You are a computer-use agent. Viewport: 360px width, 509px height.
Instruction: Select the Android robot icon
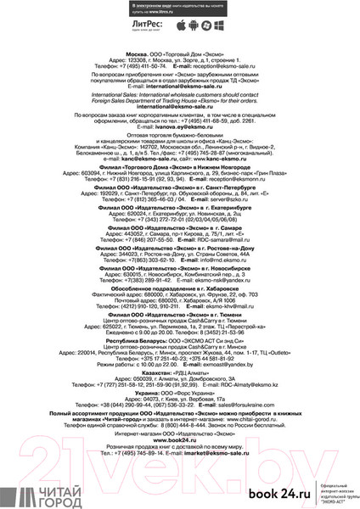tap(198, 27)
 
